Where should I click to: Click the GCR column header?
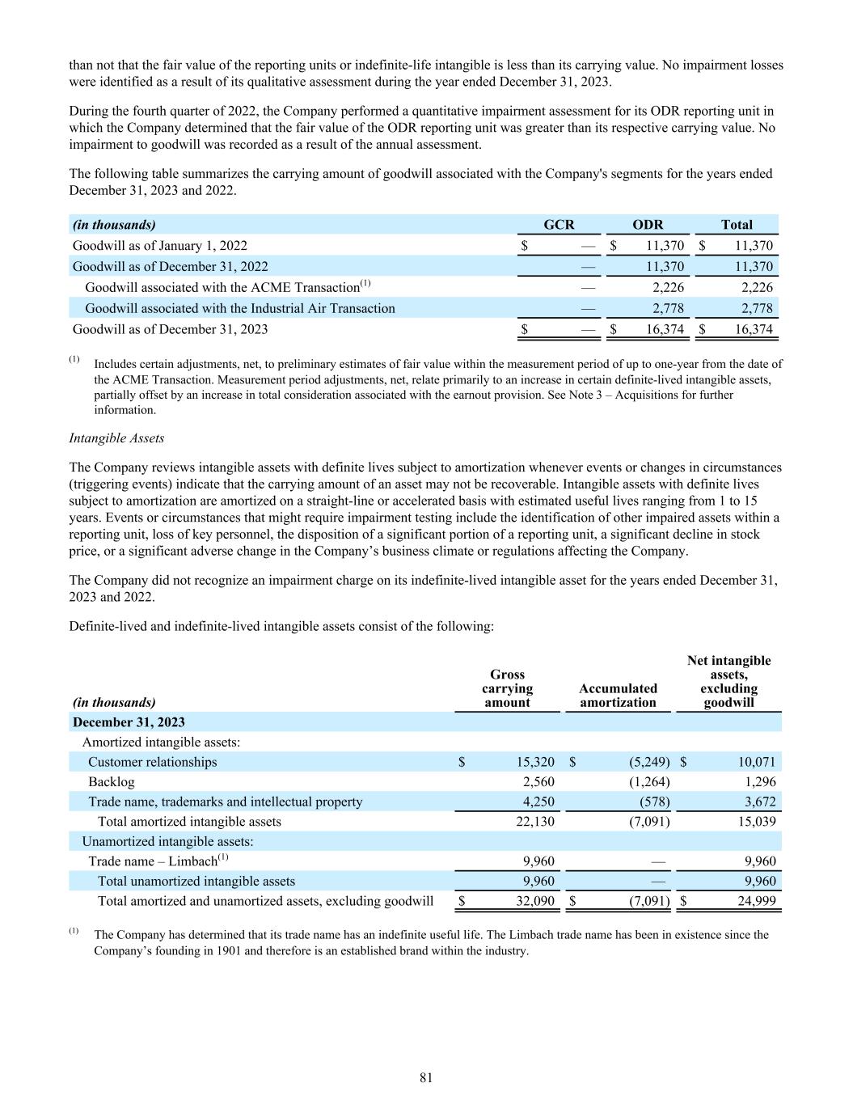[559, 225]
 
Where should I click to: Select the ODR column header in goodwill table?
[648, 225]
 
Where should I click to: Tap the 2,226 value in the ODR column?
[668, 287]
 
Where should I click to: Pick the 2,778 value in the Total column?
[757, 308]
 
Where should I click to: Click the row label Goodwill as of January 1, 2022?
[160, 246]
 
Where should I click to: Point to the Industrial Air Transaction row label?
[240, 308]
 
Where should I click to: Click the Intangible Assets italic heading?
[116, 438]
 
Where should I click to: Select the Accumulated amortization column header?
[618, 696]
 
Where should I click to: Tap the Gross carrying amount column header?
[507, 688]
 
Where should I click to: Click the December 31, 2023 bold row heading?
[129, 722]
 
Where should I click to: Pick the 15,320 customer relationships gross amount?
[535, 762]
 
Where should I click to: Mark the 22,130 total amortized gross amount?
[535, 822]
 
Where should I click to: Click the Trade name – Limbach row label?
[153, 861]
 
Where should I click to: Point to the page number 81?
[427, 1077]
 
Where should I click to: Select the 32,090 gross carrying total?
[535, 901]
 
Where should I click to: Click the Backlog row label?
[112, 782]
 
